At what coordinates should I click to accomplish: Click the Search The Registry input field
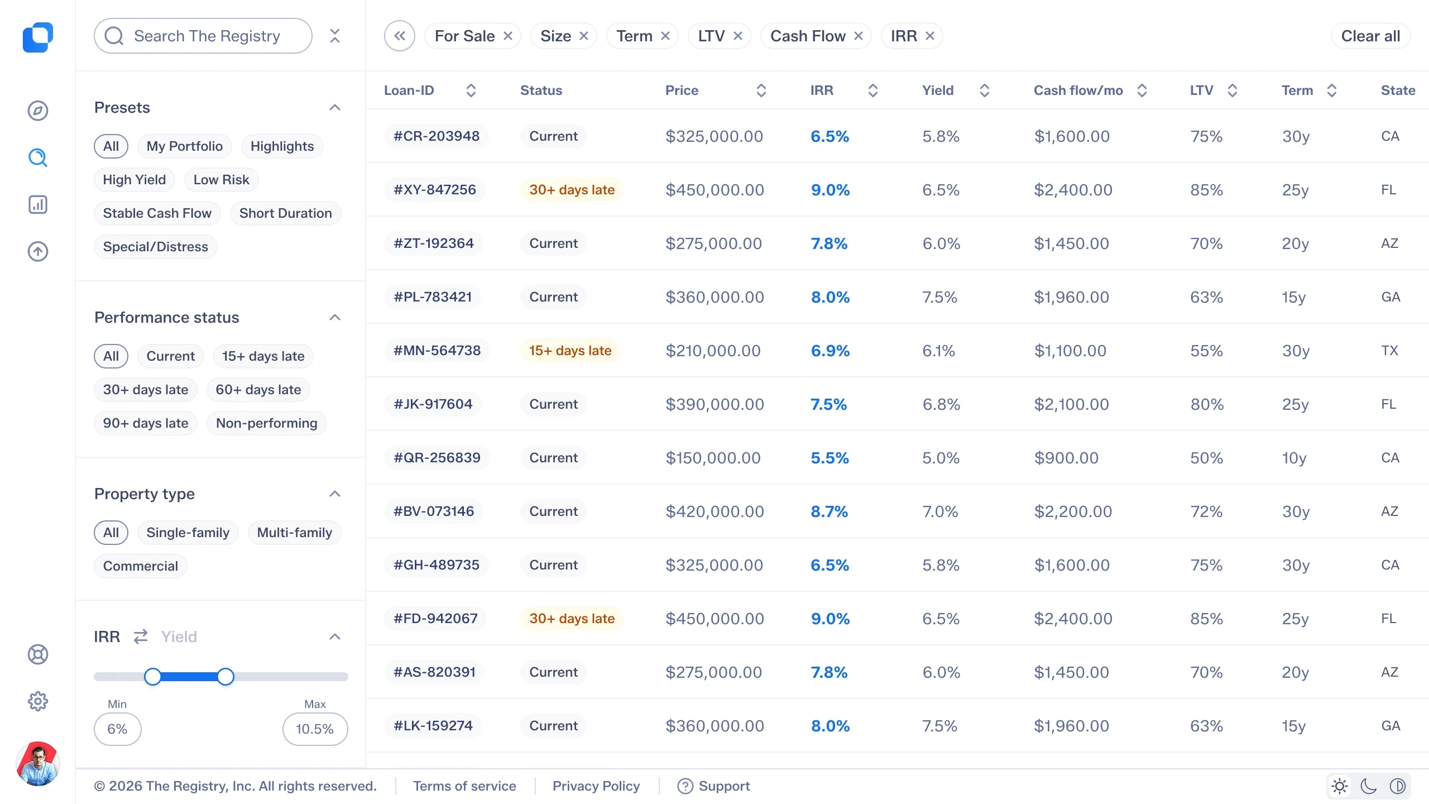click(203, 36)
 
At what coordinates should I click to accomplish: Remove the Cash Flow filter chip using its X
click(859, 36)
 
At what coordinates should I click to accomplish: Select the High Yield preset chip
click(135, 180)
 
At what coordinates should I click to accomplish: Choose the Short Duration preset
click(285, 213)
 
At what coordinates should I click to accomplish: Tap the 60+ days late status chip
click(258, 390)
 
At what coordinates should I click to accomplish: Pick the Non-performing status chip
click(267, 423)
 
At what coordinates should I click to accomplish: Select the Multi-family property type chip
click(295, 533)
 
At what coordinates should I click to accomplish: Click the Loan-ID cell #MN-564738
click(437, 351)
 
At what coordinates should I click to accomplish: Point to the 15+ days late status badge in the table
click(570, 351)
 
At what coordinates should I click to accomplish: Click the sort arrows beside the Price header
click(761, 90)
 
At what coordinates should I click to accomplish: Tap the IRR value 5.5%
click(830, 458)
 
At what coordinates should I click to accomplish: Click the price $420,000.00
click(715, 511)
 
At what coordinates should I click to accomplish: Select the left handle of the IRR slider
click(152, 677)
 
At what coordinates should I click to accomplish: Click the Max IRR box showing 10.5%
click(315, 729)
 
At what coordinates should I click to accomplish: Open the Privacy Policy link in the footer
click(596, 786)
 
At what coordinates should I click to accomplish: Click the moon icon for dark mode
click(1369, 786)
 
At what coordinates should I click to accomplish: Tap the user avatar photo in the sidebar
click(38, 764)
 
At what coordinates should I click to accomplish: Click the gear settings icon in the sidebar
click(38, 701)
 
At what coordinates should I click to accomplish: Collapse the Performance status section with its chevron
click(335, 317)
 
